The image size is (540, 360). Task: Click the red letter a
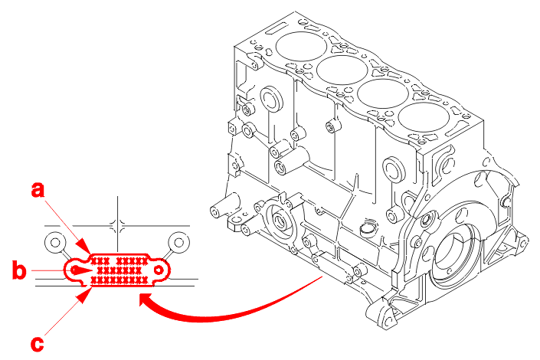click(x=38, y=190)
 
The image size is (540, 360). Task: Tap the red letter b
click(x=19, y=270)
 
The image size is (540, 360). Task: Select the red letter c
click(x=38, y=344)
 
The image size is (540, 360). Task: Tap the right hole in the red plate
click(x=159, y=270)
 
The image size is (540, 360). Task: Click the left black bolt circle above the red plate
click(x=55, y=243)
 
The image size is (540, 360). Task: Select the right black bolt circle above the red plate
click(x=178, y=243)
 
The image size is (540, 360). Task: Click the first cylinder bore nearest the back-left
click(x=301, y=47)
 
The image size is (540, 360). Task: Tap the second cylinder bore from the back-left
click(x=342, y=70)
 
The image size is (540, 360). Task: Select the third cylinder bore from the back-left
click(x=383, y=93)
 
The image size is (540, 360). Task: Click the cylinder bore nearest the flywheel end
click(x=424, y=117)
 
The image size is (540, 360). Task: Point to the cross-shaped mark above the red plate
click(x=117, y=226)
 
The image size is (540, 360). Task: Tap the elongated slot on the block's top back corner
click(x=276, y=28)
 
